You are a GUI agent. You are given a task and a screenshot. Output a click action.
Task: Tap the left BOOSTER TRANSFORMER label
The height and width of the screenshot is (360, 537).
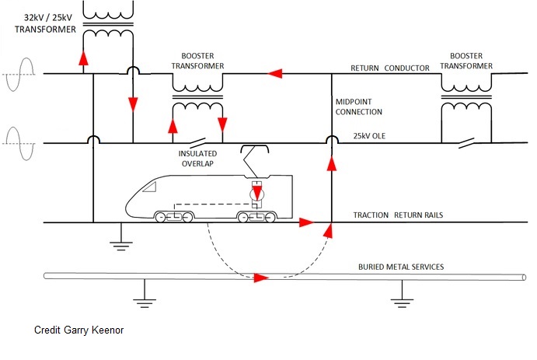[x=197, y=61]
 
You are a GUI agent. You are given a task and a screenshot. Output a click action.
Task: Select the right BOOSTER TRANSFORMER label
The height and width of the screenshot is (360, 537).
[x=466, y=61]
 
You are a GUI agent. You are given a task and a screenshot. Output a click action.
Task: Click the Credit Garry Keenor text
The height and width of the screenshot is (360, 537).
[x=79, y=330]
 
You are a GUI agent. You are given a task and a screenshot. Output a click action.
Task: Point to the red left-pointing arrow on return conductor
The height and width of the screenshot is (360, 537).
[x=274, y=74]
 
